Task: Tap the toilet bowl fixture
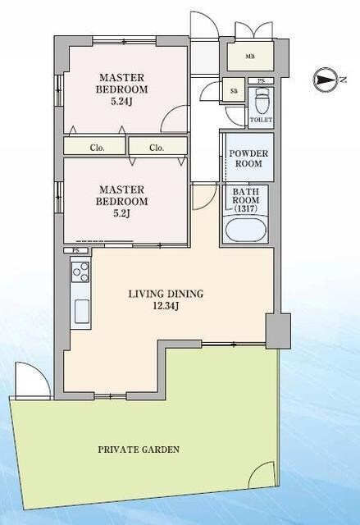[x=261, y=101]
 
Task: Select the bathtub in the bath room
[x=246, y=230]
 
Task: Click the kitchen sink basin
[x=81, y=311]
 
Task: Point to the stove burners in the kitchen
[x=80, y=272]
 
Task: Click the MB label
[x=250, y=57]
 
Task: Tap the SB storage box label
[x=234, y=90]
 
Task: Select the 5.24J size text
[x=122, y=101]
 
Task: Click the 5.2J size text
[x=122, y=213]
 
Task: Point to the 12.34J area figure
[x=166, y=305]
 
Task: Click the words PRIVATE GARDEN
[x=139, y=450]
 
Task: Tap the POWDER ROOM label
[x=248, y=158]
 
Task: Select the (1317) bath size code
[x=245, y=208]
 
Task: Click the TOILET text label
[x=261, y=120]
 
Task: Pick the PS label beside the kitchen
[x=75, y=250]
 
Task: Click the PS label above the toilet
[x=261, y=80]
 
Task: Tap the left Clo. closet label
[x=98, y=148]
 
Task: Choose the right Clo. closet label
[x=157, y=148]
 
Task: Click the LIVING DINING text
[x=166, y=294]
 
